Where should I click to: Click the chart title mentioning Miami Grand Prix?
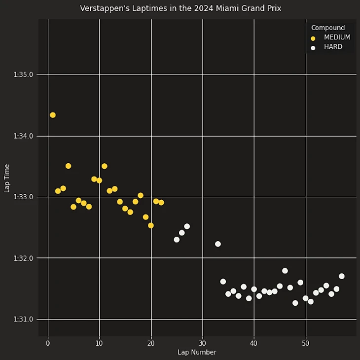(x=180, y=8)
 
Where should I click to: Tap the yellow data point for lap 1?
(x=53, y=115)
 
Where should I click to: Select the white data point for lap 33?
(x=218, y=244)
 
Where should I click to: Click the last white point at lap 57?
(x=342, y=276)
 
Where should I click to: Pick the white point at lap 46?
(x=285, y=271)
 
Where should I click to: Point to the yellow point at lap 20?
(x=151, y=225)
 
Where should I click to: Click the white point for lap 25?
(x=177, y=240)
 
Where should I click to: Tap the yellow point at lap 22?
(x=161, y=203)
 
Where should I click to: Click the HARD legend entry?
(x=333, y=47)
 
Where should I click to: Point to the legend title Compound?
(x=328, y=28)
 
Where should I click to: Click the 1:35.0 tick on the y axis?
(x=23, y=75)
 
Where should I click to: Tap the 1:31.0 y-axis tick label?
(x=23, y=320)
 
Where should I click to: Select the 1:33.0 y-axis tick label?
(x=23, y=197)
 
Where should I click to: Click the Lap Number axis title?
(x=197, y=352)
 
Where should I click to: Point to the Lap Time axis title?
(x=7, y=178)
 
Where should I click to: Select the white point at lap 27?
(x=187, y=226)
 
